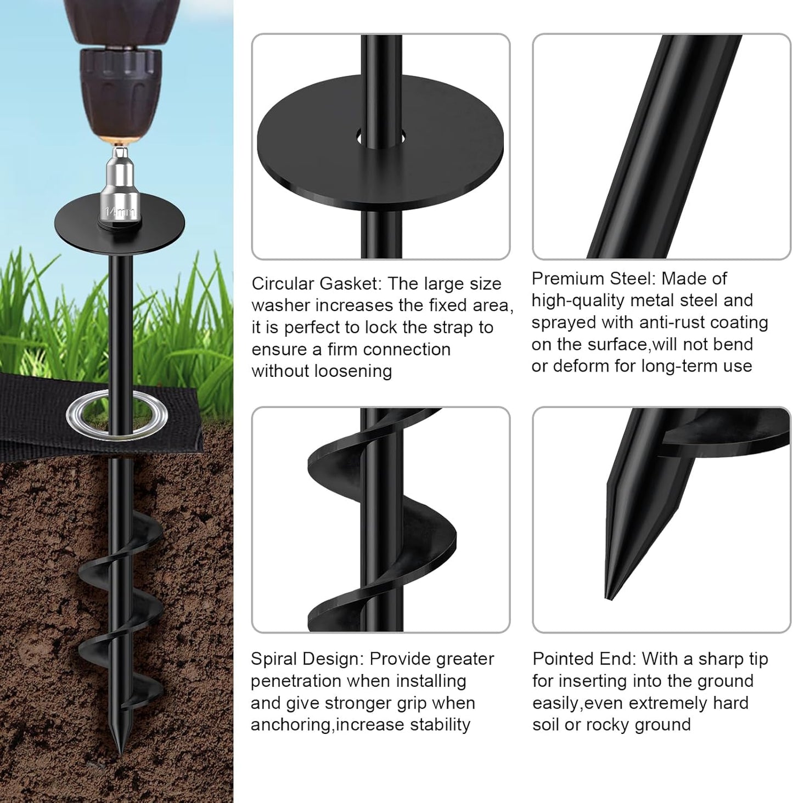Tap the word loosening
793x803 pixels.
coord(354,371)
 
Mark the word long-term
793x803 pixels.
coord(667,366)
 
